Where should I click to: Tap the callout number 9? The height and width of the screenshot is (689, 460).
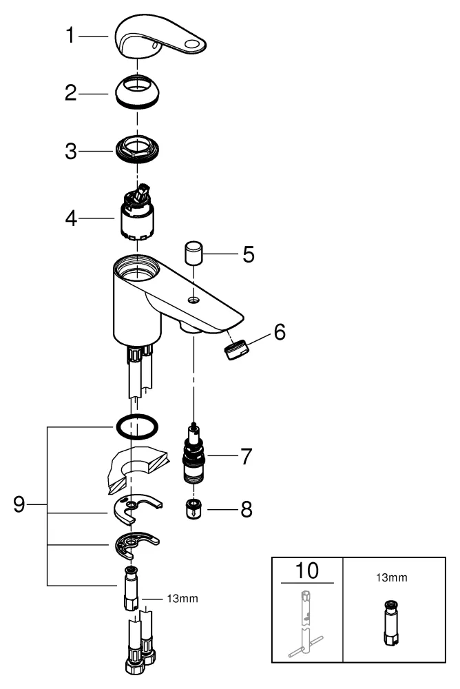click(20, 505)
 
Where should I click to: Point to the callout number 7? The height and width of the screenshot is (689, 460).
click(245, 456)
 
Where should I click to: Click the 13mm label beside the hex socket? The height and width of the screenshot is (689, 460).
click(182, 598)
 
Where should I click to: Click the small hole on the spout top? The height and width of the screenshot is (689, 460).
click(194, 300)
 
